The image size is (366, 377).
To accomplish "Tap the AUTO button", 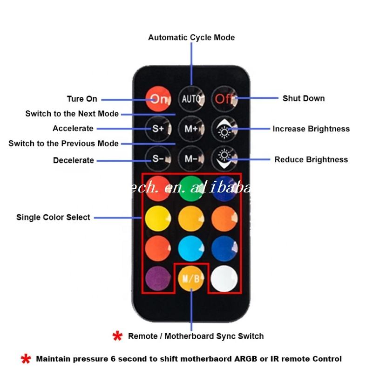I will click(x=191, y=99).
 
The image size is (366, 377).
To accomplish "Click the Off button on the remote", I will click(x=224, y=99).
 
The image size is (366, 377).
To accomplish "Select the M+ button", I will click(x=191, y=129).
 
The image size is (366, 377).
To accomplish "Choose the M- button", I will click(x=191, y=158).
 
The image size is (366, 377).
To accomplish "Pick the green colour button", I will click(x=191, y=186).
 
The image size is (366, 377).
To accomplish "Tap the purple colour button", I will click(x=157, y=278).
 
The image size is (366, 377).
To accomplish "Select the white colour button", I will click(x=224, y=278).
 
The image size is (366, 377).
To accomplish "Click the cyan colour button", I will click(x=191, y=247).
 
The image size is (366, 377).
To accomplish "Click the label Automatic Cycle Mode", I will click(x=191, y=37).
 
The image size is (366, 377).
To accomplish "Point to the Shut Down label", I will click(x=304, y=98).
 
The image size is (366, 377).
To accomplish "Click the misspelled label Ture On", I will click(x=82, y=99).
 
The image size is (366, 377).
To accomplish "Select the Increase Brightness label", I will click(x=311, y=129).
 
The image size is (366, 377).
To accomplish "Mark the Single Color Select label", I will click(x=53, y=217).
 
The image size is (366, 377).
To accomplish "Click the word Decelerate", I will click(x=73, y=160).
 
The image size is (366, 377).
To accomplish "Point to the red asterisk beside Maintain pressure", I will click(x=26, y=359).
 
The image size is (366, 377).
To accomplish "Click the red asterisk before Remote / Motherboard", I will click(x=117, y=336).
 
